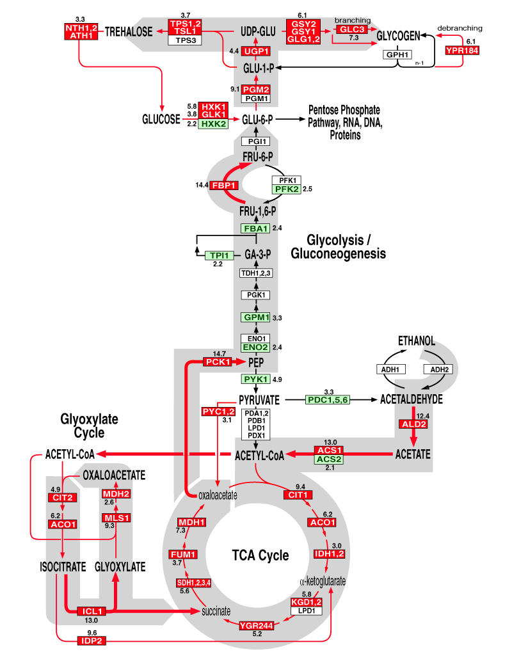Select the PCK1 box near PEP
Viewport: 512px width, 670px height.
click(218, 362)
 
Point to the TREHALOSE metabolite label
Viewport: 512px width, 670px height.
click(128, 31)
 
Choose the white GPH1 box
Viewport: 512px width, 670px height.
click(397, 54)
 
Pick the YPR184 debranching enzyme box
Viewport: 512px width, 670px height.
click(462, 51)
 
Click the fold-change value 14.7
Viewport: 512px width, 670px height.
click(219, 354)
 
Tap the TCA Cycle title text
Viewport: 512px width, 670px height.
click(260, 555)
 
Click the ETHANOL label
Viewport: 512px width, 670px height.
click(416, 340)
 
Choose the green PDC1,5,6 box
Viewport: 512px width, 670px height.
click(328, 400)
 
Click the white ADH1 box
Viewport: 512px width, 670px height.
click(390, 369)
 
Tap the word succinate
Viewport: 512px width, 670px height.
click(216, 611)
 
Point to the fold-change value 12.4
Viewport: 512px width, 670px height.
click(423, 416)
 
